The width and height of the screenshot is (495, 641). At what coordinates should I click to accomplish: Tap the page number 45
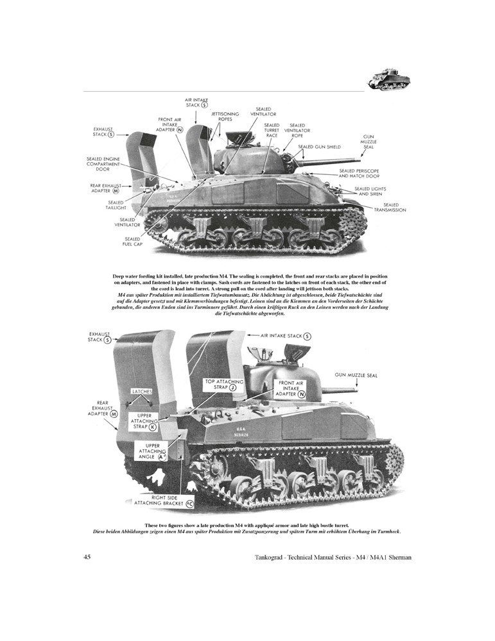87,556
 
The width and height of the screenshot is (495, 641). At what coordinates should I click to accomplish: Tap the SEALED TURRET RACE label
272,131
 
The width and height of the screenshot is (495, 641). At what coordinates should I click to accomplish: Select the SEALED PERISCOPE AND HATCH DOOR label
361,173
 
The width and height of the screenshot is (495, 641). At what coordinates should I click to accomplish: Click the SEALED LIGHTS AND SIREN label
371,191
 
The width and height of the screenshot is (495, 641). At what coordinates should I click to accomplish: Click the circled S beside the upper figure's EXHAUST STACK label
111,134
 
